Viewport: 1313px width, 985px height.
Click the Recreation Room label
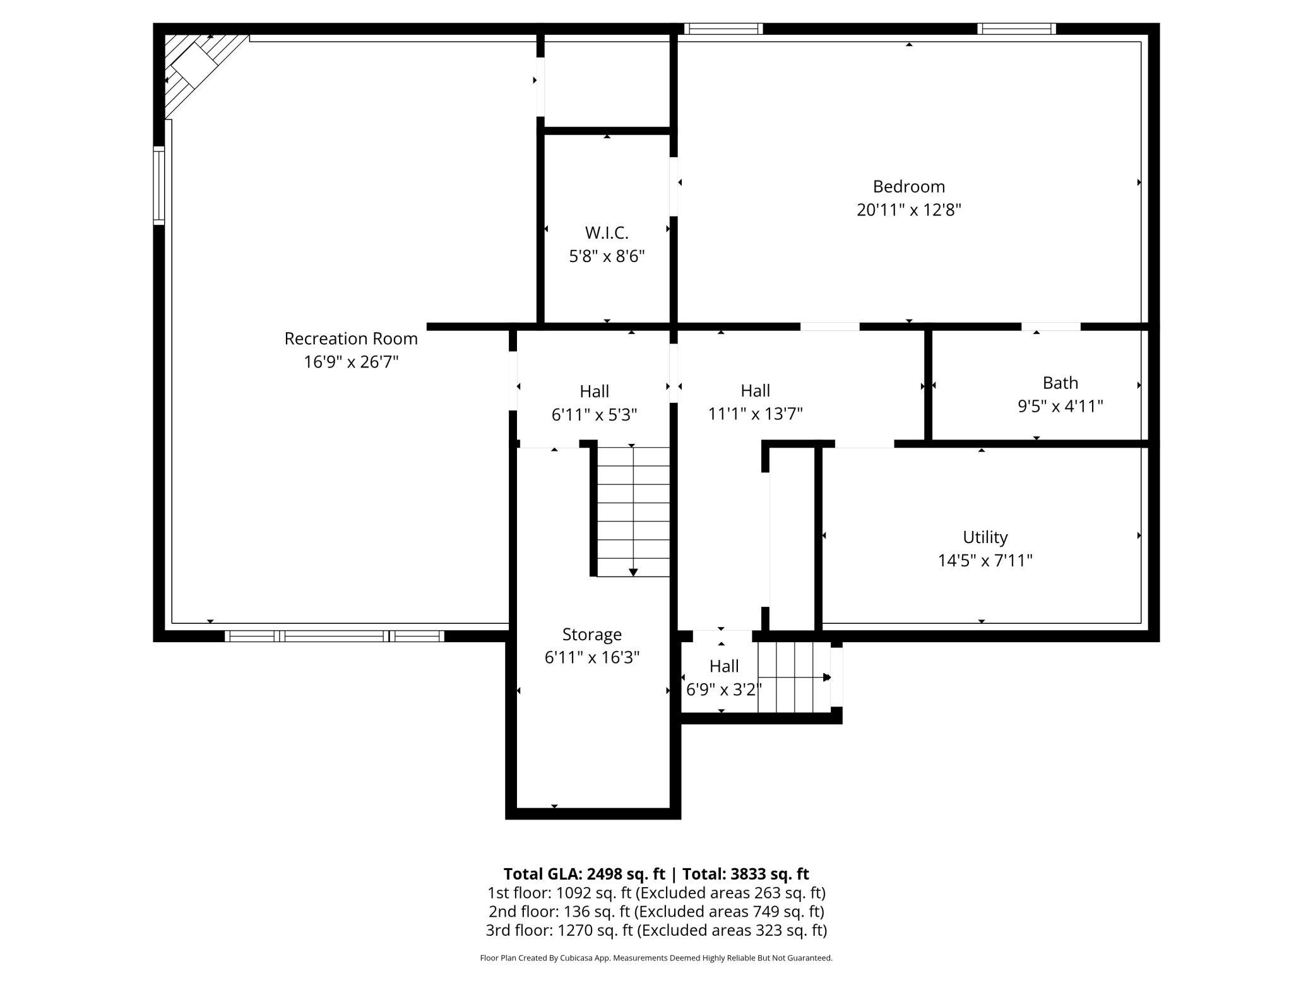pyautogui.click(x=351, y=338)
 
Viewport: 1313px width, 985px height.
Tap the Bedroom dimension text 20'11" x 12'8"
pyautogui.click(x=908, y=210)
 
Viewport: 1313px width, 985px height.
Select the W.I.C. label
pyautogui.click(x=607, y=233)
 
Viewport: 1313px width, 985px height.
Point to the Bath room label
pyautogui.click(x=1060, y=383)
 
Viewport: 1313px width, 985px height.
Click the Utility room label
pyautogui.click(x=985, y=537)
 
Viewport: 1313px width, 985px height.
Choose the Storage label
pyautogui.click(x=592, y=635)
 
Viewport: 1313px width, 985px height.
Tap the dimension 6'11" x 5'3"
pyautogui.click(x=594, y=415)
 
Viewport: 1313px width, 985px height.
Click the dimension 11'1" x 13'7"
pyautogui.click(x=755, y=414)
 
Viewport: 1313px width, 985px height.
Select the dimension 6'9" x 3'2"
pyautogui.click(x=723, y=689)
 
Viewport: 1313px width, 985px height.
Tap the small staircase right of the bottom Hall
pyautogui.click(x=794, y=678)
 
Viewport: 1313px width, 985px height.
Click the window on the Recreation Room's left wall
pyautogui.click(x=159, y=186)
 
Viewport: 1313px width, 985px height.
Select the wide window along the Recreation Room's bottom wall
pyautogui.click(x=335, y=636)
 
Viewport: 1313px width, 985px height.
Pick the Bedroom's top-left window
pyautogui.click(x=723, y=28)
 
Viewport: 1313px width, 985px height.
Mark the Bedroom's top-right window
pyautogui.click(x=1016, y=28)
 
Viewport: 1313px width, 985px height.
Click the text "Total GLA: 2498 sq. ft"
pyautogui.click(x=584, y=874)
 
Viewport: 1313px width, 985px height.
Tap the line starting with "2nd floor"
pyautogui.click(x=656, y=912)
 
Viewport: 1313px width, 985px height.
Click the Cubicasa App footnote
pyautogui.click(x=656, y=958)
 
